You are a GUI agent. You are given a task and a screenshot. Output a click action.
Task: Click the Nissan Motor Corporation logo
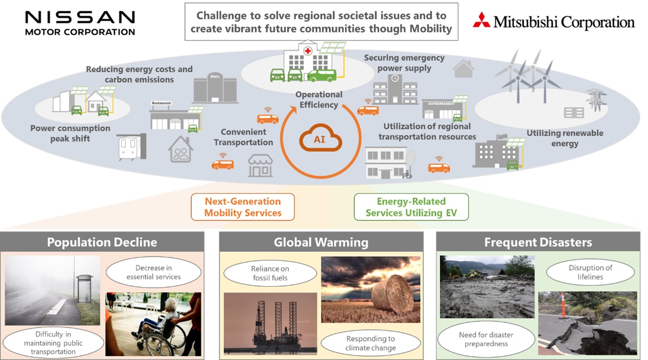click(x=80, y=22)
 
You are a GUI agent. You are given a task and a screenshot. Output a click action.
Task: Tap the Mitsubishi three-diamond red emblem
click(x=481, y=20)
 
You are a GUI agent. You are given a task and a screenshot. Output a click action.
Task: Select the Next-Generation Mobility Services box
click(x=242, y=207)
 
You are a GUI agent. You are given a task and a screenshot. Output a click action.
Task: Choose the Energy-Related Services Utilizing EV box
click(x=411, y=207)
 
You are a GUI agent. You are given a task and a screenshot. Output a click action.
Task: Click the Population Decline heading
click(x=102, y=242)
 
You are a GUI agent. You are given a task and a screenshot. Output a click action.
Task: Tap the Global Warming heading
click(x=321, y=242)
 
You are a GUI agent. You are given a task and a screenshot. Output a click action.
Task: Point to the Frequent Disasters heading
click(x=538, y=242)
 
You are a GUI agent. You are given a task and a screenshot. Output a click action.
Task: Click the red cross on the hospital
click(x=307, y=50)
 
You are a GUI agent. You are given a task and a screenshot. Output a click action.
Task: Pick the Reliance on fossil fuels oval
click(x=270, y=273)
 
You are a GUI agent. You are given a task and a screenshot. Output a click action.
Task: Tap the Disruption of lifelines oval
click(x=590, y=272)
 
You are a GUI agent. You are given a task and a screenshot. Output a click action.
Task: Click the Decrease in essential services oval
click(x=153, y=272)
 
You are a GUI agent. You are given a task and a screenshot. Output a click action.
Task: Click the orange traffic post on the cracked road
click(x=564, y=305)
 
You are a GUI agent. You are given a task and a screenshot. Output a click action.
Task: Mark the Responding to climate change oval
click(x=370, y=343)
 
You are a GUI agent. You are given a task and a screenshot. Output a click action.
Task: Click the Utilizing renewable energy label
click(x=565, y=138)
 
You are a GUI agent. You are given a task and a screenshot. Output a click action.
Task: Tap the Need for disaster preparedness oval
click(x=486, y=339)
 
